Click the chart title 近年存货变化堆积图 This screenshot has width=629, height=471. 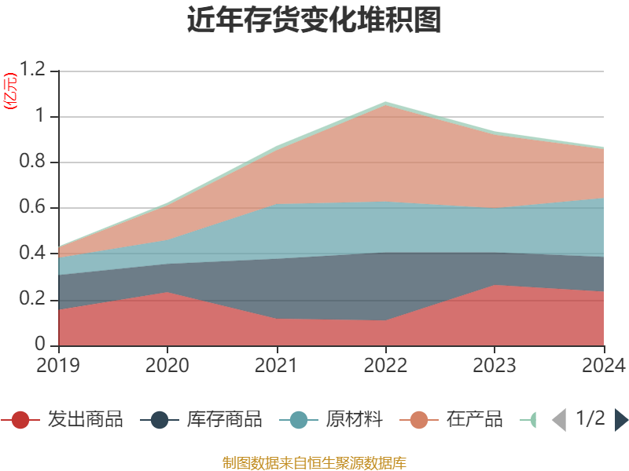tap(314, 20)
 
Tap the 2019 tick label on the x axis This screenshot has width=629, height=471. tap(58, 366)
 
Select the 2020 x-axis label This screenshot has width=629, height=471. tap(167, 366)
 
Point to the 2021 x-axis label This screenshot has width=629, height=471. tap(277, 366)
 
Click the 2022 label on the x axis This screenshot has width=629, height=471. tap(385, 366)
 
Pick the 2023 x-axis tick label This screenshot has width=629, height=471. tap(495, 366)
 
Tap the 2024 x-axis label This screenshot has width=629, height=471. tap(603, 366)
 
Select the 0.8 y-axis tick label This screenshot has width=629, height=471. tap(35, 162)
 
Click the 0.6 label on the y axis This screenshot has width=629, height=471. tap(35, 208)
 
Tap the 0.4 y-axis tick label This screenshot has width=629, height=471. tap(35, 254)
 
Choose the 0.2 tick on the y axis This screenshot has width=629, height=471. tap(35, 300)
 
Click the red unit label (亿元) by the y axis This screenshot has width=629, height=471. tap(10, 92)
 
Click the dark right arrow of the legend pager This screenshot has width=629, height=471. tap(621, 420)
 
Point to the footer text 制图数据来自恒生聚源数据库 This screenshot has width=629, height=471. tap(314, 462)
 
